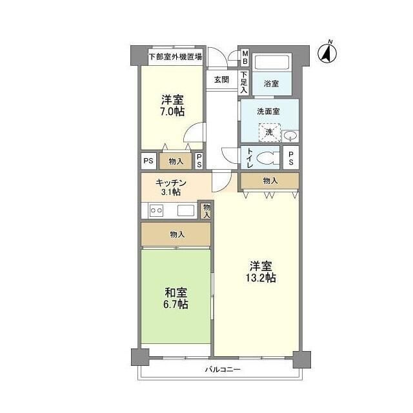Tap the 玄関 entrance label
pyautogui.click(x=221, y=79)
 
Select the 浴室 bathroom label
pyautogui.click(x=271, y=84)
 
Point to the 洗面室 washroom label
pyautogui.click(x=269, y=111)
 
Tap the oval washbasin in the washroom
pyautogui.click(x=290, y=136)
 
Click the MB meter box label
pyautogui.click(x=245, y=57)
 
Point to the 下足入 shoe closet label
pyautogui.click(x=245, y=82)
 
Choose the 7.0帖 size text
pyautogui.click(x=172, y=111)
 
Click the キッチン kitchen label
pyautogui.click(x=171, y=183)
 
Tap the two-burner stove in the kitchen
pyautogui.click(x=156, y=210)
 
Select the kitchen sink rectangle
pyautogui.click(x=185, y=210)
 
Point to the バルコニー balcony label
pyautogui.click(x=223, y=370)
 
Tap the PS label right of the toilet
pyautogui.click(x=292, y=158)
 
